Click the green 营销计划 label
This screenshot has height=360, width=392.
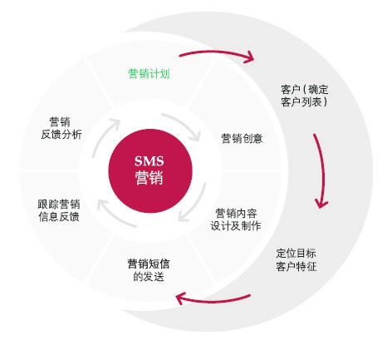[149, 74]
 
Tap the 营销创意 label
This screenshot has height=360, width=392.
[242, 138]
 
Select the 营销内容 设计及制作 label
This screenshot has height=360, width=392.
[236, 219]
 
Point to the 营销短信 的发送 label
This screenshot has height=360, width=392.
[149, 270]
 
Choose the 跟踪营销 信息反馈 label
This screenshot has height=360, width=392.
[59, 210]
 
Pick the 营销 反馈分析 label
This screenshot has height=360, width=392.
[61, 128]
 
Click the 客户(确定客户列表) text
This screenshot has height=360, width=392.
[305, 96]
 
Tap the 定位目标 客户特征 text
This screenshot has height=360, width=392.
[296, 260]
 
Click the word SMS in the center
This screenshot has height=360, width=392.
[149, 161]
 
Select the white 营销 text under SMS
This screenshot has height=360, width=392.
[149, 178]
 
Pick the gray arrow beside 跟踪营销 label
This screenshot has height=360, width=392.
[114, 216]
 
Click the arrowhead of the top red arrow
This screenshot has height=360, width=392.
[250, 57]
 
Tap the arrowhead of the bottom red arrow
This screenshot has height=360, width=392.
[180, 298]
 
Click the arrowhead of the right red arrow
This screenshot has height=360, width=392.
[321, 204]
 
